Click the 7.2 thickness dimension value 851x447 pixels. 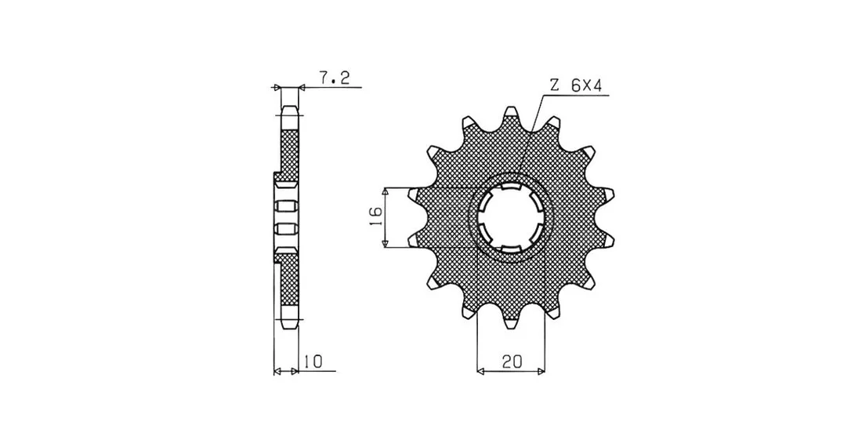click(x=334, y=78)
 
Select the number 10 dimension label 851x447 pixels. click(x=313, y=362)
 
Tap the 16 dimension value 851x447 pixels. click(x=375, y=217)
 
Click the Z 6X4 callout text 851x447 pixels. click(x=576, y=85)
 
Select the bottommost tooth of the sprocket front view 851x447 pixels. click(x=510, y=320)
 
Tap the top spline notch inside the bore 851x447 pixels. click(x=510, y=187)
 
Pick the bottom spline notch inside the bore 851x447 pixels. click(x=510, y=249)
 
